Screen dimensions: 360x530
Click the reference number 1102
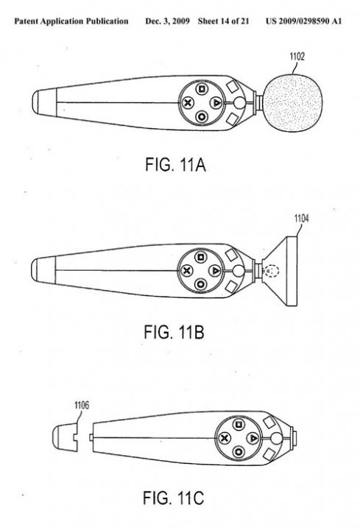(x=297, y=57)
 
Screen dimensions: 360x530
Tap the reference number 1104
(x=302, y=219)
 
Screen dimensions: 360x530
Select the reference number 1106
(x=82, y=405)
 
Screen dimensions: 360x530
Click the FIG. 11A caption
(x=175, y=165)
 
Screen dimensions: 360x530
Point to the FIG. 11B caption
(x=174, y=332)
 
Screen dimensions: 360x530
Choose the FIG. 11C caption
(x=174, y=498)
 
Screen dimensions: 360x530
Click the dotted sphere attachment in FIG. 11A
(x=293, y=103)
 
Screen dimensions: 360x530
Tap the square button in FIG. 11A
(x=202, y=89)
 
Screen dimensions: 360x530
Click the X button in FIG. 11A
(x=188, y=102)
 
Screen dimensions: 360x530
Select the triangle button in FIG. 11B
(x=215, y=270)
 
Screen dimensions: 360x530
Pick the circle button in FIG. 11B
(x=200, y=284)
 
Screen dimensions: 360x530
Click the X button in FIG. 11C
(x=224, y=439)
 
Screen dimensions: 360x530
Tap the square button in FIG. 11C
(x=239, y=424)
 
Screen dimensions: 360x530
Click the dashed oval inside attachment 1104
(x=272, y=271)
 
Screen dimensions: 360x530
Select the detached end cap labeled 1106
(x=65, y=437)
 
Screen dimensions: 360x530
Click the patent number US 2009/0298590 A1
(x=303, y=21)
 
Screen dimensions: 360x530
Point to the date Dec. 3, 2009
(x=167, y=21)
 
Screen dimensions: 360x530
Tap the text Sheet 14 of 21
(x=224, y=21)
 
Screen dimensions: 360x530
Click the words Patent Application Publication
(x=71, y=21)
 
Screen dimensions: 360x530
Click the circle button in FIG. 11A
(x=202, y=117)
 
